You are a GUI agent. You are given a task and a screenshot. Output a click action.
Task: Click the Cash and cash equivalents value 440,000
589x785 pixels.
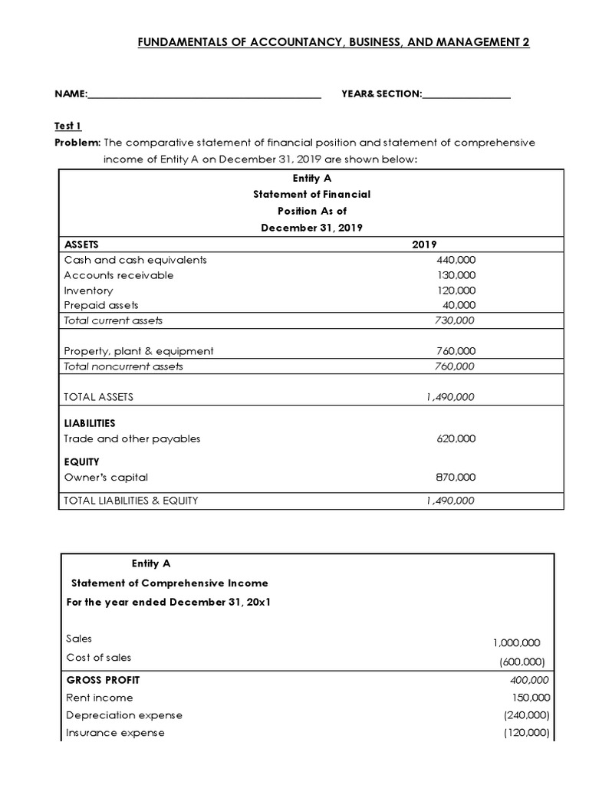pyautogui.click(x=456, y=260)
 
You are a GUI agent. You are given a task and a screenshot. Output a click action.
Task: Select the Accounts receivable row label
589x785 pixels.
pyautogui.click(x=119, y=275)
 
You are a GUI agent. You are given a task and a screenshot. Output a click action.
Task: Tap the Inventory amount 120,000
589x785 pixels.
pyautogui.click(x=456, y=291)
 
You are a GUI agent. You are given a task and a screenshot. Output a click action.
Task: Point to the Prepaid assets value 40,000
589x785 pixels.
pyautogui.click(x=459, y=305)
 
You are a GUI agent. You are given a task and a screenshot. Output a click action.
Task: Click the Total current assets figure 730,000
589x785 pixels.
pyautogui.click(x=455, y=320)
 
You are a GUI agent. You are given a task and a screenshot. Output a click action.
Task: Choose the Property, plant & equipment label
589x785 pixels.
pyautogui.click(x=139, y=351)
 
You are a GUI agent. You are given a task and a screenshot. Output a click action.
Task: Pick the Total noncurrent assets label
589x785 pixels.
pyautogui.click(x=123, y=366)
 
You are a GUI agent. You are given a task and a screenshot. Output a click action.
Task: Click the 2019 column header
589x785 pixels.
pyautogui.click(x=424, y=245)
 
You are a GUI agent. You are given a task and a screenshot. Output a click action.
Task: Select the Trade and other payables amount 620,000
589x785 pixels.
pyautogui.click(x=456, y=438)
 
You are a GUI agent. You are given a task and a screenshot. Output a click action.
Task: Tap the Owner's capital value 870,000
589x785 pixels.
pyautogui.click(x=456, y=477)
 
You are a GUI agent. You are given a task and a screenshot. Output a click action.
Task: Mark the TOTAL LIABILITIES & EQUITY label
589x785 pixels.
pyautogui.click(x=131, y=501)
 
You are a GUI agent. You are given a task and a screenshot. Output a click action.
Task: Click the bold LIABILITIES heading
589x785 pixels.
pyautogui.click(x=90, y=423)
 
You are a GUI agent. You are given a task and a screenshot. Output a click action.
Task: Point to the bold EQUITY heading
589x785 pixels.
pyautogui.click(x=81, y=461)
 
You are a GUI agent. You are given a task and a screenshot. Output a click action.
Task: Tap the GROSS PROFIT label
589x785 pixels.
pyautogui.click(x=103, y=680)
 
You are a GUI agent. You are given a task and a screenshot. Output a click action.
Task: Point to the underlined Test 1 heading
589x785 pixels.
pyautogui.click(x=67, y=126)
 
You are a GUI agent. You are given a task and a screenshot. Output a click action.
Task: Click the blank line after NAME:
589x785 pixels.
pyautogui.click(x=204, y=95)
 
